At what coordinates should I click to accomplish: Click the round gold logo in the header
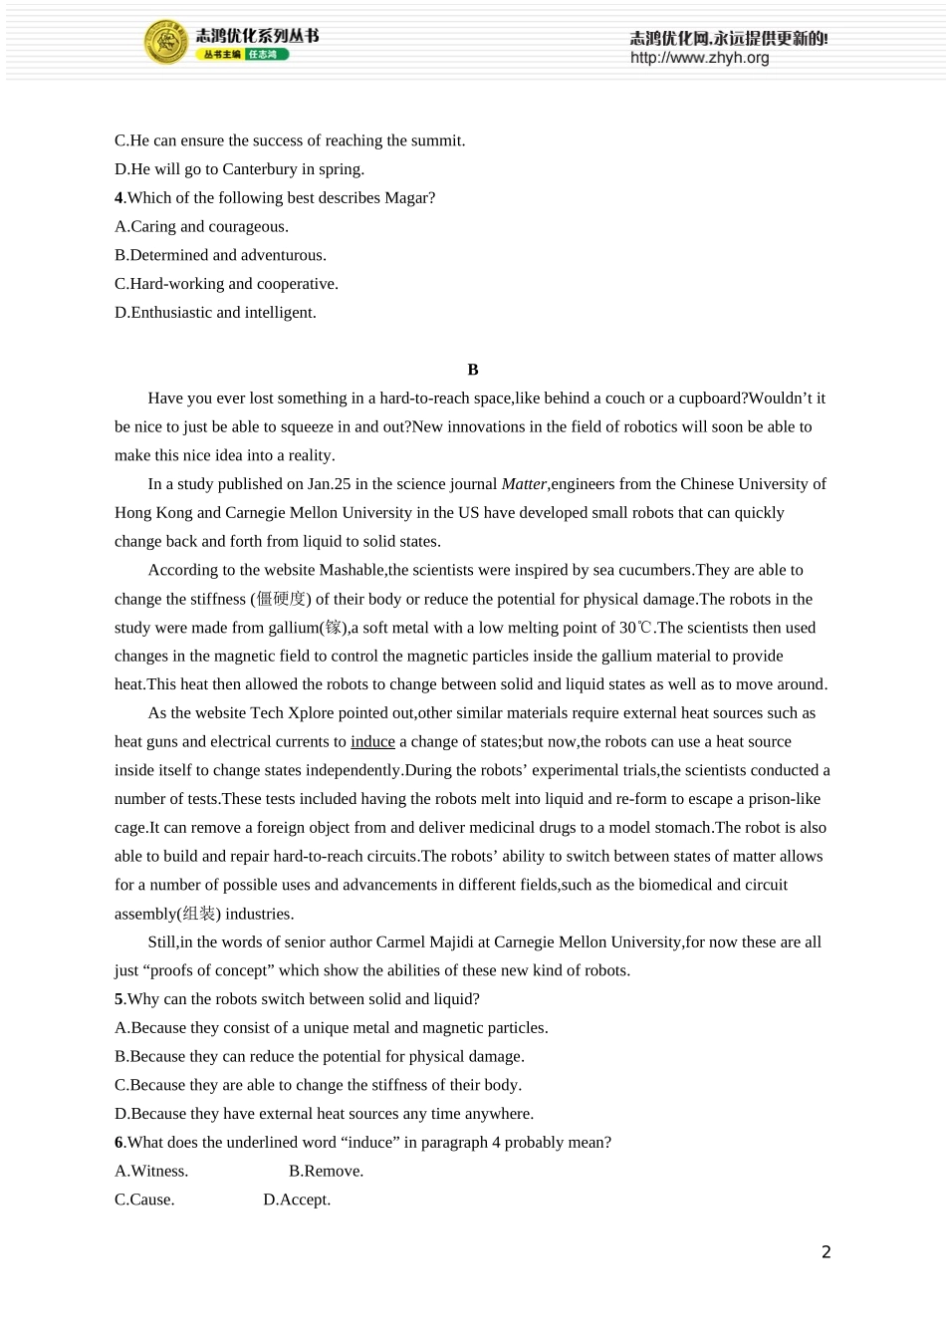pyautogui.click(x=166, y=42)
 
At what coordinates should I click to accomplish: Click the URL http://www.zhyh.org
pyautogui.click(x=699, y=58)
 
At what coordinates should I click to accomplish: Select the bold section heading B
pyautogui.click(x=473, y=370)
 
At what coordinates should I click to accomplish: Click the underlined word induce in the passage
pyautogui.click(x=372, y=741)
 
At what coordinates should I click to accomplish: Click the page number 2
pyautogui.click(x=826, y=1252)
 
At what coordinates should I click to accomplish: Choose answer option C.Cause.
pyautogui.click(x=144, y=1200)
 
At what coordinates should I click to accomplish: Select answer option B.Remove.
pyautogui.click(x=326, y=1172)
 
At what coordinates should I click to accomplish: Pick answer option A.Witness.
pyautogui.click(x=151, y=1172)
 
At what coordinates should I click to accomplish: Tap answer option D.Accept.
pyautogui.click(x=297, y=1200)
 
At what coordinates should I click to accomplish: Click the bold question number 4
pyautogui.click(x=118, y=198)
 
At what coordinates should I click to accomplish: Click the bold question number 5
pyautogui.click(x=118, y=999)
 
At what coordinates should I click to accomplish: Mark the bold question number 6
pyautogui.click(x=118, y=1143)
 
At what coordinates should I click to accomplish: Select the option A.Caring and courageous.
pyautogui.click(x=201, y=226)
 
